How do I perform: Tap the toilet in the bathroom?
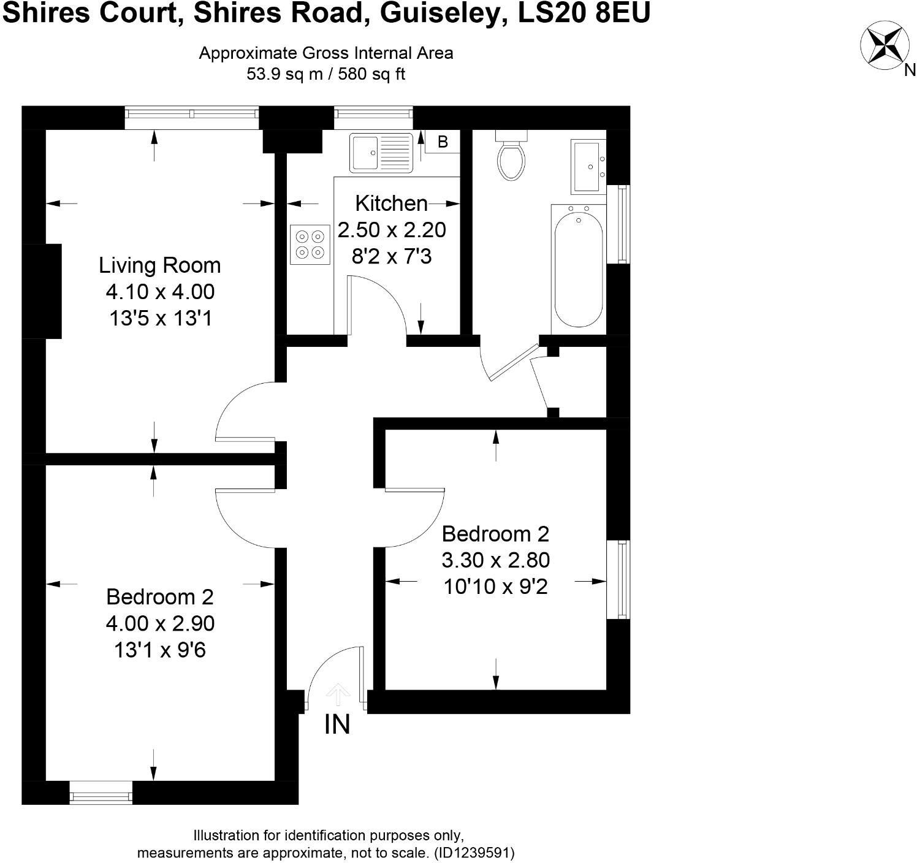511,157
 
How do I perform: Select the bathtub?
578,266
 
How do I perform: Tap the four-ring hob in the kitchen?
310,244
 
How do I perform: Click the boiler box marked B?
443,142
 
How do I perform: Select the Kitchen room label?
391,203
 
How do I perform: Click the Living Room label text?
160,265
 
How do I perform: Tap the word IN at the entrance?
337,724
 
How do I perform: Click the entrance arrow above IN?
338,695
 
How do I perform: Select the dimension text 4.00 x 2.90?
160,623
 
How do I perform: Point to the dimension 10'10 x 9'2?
495,587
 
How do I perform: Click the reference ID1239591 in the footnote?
474,853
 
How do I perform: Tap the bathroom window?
622,224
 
